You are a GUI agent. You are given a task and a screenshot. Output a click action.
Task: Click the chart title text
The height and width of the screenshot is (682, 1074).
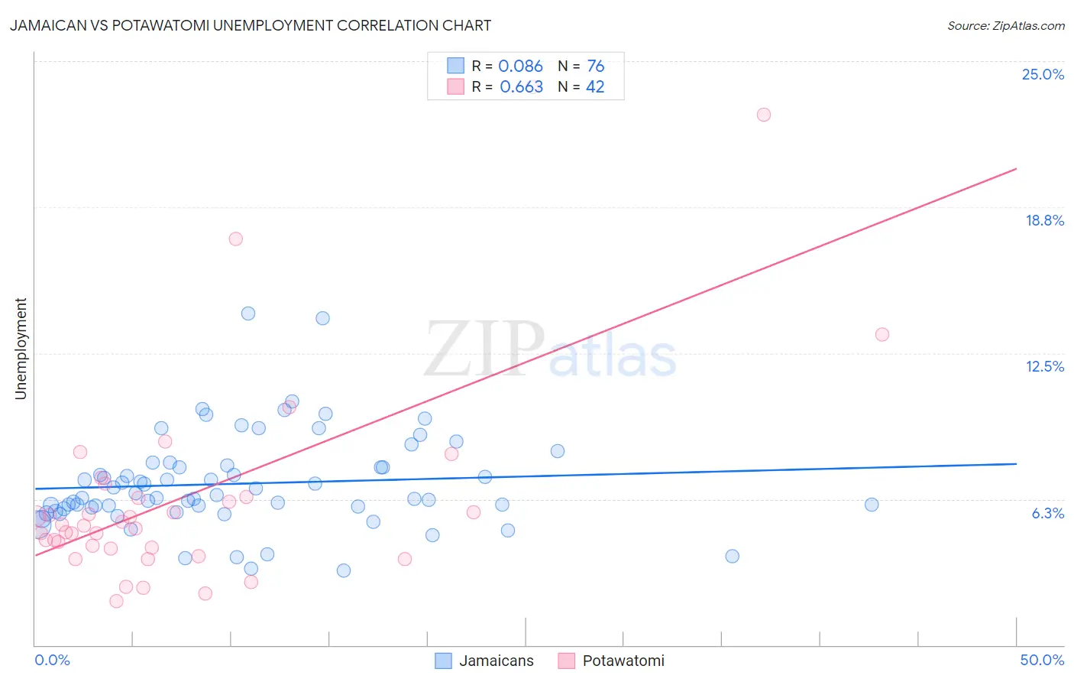[x=251, y=25]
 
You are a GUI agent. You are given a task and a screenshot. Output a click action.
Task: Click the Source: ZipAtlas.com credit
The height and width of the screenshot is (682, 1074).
[x=1005, y=25]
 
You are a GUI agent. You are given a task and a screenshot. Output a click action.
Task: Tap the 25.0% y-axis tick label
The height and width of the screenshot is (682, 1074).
[x=1043, y=74]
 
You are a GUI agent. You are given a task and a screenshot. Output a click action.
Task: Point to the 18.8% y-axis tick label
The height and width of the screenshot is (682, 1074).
[x=1044, y=220]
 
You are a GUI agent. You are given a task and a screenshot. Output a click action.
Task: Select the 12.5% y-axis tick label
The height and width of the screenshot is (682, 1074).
[x=1044, y=366]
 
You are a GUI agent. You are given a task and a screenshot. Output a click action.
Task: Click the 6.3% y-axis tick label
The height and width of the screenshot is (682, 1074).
[x=1047, y=513]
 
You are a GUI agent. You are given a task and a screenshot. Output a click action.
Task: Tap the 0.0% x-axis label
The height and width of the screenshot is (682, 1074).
[x=52, y=660]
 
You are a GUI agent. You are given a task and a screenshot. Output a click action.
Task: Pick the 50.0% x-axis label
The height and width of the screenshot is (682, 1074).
[x=1042, y=660]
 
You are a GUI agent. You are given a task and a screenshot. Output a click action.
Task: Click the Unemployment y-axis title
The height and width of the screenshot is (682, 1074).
[x=21, y=349]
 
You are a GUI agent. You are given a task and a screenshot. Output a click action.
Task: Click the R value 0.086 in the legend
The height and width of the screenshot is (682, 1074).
[x=520, y=67]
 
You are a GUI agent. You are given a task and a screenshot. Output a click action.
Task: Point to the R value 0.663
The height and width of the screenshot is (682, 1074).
[x=521, y=87]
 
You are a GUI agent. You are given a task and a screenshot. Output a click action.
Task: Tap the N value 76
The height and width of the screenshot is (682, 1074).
[x=595, y=67]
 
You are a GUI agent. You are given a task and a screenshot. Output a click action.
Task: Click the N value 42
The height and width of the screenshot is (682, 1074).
[x=595, y=87]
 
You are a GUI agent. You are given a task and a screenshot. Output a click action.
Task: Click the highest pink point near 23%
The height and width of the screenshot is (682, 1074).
[x=764, y=115]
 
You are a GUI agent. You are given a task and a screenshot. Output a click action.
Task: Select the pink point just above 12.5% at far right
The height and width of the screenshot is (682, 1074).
[x=882, y=334]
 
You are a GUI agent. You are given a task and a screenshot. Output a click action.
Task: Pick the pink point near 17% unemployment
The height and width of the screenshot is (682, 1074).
[x=236, y=239]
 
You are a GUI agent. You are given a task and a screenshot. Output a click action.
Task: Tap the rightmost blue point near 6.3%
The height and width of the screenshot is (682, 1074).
[x=872, y=505]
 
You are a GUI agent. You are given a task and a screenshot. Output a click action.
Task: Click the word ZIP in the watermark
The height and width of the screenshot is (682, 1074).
[x=484, y=349]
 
